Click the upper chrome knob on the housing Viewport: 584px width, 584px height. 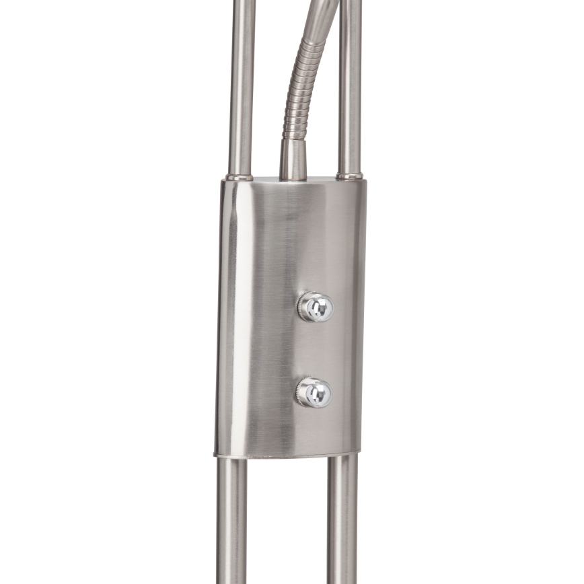[x=315, y=307]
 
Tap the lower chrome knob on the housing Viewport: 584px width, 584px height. [x=314, y=392]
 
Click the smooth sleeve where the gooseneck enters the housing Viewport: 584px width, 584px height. [x=293, y=159]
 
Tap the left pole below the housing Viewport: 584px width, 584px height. [x=231, y=525]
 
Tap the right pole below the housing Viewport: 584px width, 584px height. [x=342, y=525]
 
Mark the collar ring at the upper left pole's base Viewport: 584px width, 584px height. [x=240, y=177]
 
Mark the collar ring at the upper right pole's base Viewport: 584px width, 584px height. [x=350, y=176]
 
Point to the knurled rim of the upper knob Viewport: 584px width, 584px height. [x=301, y=307]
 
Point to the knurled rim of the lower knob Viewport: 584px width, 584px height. [x=300, y=392]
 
